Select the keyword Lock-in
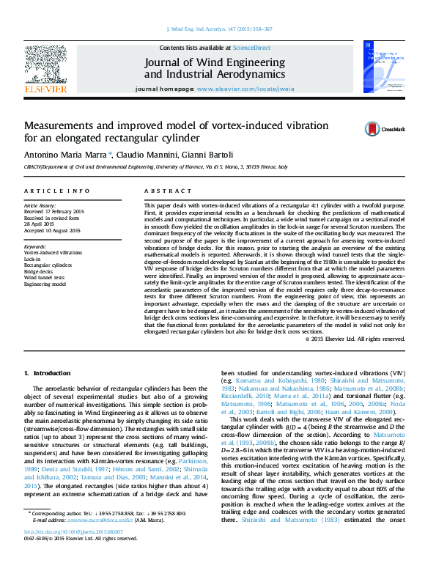[32, 259]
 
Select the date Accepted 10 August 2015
[52, 230]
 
